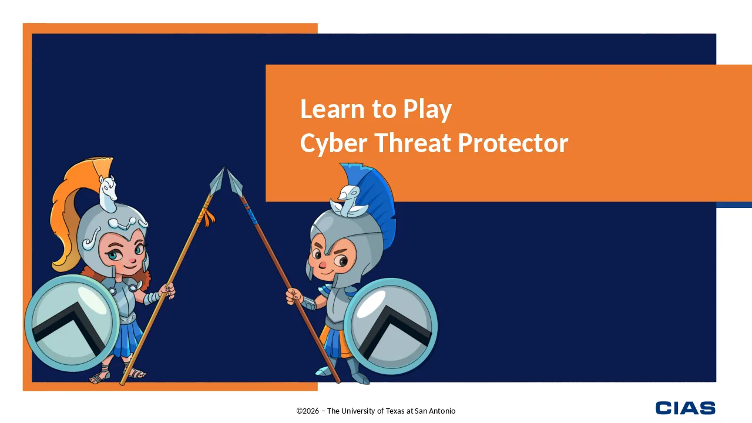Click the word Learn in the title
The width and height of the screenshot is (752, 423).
click(x=332, y=109)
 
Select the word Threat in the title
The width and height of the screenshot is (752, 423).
click(x=412, y=142)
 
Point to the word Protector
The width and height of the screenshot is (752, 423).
click(x=513, y=143)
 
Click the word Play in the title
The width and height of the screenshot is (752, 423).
click(x=427, y=110)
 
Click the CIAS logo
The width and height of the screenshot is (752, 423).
click(x=685, y=408)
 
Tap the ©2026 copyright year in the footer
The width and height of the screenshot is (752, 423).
click(x=307, y=411)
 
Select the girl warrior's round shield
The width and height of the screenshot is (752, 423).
click(x=72, y=323)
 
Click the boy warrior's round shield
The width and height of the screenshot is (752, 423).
click(x=391, y=326)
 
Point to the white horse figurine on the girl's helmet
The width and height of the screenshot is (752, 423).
click(x=108, y=194)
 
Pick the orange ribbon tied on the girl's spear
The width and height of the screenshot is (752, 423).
click(x=207, y=217)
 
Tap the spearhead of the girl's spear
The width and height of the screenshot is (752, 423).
click(x=218, y=180)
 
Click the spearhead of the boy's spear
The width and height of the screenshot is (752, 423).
click(x=234, y=182)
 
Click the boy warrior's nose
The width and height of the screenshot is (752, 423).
click(x=323, y=265)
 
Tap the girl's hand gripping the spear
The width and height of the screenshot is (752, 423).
click(x=167, y=290)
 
